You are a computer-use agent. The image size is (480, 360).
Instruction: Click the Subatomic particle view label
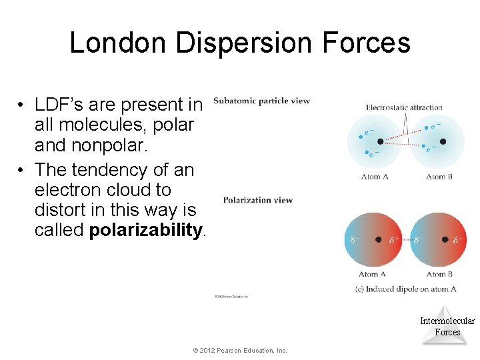click(x=261, y=101)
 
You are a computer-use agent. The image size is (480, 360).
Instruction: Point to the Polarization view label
click(x=257, y=200)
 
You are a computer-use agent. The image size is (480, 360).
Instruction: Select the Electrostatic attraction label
click(x=404, y=107)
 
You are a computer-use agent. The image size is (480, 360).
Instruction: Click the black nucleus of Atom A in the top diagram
click(x=381, y=141)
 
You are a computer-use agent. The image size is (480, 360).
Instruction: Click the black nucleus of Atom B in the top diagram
click(x=443, y=141)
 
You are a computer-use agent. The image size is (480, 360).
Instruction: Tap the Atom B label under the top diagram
click(x=439, y=177)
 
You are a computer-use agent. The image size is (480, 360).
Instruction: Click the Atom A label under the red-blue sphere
click(x=373, y=274)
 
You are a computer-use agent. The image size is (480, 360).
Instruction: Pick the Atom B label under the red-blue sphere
click(x=439, y=274)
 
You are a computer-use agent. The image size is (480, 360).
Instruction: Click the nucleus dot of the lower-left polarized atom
click(x=379, y=239)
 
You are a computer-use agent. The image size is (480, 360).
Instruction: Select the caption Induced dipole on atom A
click(x=406, y=289)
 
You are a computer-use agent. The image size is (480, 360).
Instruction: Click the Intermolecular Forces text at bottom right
click(x=447, y=326)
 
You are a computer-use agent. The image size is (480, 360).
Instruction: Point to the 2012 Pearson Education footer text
click(x=239, y=350)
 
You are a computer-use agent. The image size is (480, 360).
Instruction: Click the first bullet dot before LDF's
click(x=22, y=105)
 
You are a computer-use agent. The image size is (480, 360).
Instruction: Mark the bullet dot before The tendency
click(x=22, y=170)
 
